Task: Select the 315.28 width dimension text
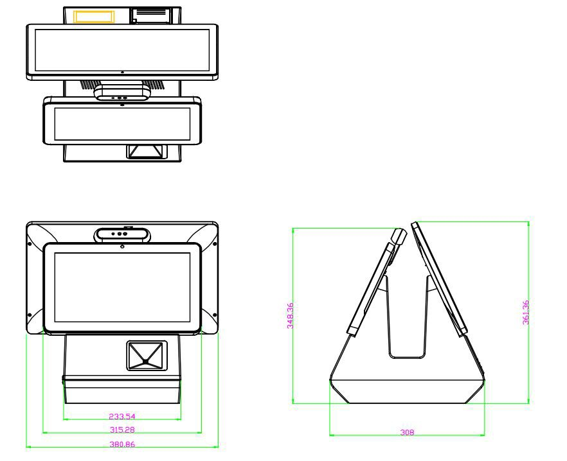(122, 430)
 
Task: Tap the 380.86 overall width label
(122, 444)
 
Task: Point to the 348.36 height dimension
(291, 315)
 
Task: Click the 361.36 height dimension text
(526, 312)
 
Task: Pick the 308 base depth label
(407, 432)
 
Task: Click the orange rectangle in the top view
(94, 17)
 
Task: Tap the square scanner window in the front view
(146, 356)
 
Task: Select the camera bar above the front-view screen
(122, 234)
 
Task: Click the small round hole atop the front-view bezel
(122, 247)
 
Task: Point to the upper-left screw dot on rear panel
(30, 243)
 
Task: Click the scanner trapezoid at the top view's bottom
(146, 152)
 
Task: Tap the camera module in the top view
(122, 94)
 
